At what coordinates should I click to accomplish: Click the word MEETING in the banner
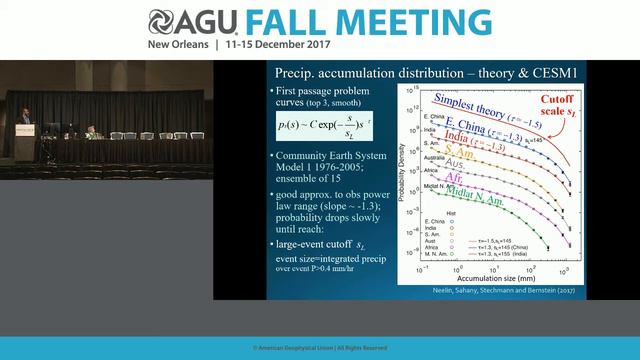420,23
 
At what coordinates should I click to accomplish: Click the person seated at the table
90,131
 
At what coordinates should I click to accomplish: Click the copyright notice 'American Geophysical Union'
319,347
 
